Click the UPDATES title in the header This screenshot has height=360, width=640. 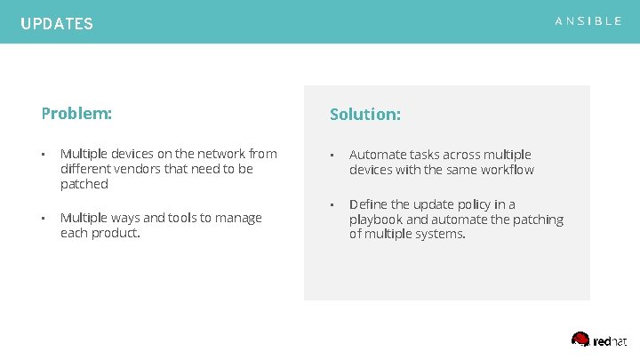point(57,24)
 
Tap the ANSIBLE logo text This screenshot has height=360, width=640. point(588,21)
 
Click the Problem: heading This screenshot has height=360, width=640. point(76,114)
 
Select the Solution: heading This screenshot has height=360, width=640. point(365,115)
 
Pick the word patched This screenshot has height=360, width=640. point(84,184)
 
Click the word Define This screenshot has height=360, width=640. point(369,204)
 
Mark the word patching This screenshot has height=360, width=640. point(538,220)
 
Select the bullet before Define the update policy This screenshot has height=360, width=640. point(332,204)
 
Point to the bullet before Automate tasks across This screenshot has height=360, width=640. point(332,155)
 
